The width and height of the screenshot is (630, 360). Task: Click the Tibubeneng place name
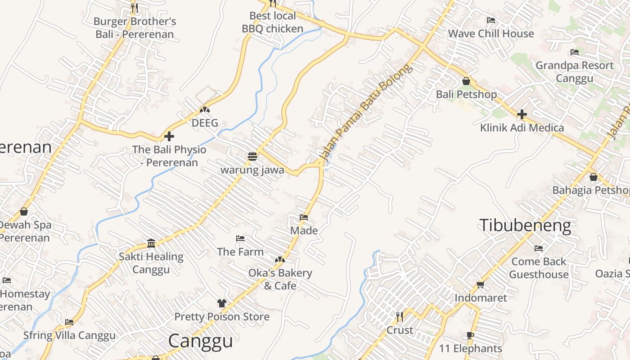[x=525, y=225]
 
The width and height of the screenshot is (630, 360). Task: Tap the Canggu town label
[x=200, y=341]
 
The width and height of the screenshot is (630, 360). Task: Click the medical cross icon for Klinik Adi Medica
[x=522, y=114]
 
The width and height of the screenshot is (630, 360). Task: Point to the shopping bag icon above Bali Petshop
[x=466, y=81]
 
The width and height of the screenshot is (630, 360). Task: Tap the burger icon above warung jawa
[x=252, y=156]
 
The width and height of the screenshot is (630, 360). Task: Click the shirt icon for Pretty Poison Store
[x=221, y=303]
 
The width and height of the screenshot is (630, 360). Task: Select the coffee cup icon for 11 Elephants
[x=470, y=335]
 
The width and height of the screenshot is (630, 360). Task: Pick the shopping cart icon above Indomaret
[x=480, y=284]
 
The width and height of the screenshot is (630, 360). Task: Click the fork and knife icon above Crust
[x=400, y=317]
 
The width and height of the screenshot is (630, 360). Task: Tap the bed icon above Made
[x=304, y=217]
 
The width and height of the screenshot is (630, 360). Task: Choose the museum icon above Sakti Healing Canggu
[x=151, y=243]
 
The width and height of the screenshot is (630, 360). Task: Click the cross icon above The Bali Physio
[x=169, y=136]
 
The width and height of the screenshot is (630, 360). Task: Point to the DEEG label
[x=205, y=123]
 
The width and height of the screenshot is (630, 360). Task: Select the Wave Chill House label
[x=491, y=34]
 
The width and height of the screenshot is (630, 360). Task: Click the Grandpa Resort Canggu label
[x=574, y=72]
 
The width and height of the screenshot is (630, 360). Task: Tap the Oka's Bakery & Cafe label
[x=280, y=279]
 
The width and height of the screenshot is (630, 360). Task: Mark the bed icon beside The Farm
[x=240, y=238]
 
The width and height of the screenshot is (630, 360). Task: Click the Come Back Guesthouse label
[x=539, y=268]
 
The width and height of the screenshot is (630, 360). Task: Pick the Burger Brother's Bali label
[x=135, y=28]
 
